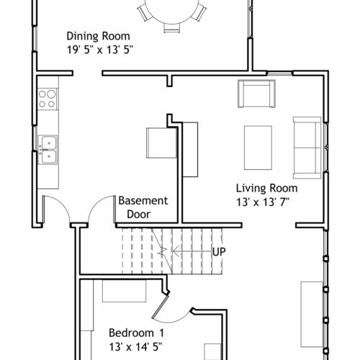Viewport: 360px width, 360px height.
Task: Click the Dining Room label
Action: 98,36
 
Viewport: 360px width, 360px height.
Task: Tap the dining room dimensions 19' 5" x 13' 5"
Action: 99,50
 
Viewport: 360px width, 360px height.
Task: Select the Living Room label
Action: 267,188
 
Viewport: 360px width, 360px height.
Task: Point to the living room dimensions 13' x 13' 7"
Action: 263,202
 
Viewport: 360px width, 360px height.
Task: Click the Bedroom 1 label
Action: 137,333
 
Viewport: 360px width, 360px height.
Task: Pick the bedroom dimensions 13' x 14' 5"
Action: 136,347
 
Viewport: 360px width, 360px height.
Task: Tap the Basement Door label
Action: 143,207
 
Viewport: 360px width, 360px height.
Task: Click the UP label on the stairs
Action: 219,252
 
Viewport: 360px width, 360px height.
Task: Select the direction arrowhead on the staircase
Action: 176,251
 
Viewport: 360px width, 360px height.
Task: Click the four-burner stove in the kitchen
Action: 48,99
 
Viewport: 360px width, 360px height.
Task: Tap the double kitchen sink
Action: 48,150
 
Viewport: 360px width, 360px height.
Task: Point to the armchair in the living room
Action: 256,94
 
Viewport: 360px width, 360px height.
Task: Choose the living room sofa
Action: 307,148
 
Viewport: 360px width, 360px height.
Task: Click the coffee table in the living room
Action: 258,148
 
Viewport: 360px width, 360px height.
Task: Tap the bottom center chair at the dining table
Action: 172,28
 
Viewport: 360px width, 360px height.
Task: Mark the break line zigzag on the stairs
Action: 163,251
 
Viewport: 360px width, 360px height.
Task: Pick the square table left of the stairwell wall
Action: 161,143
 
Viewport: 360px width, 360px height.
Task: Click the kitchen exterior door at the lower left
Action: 57,209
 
